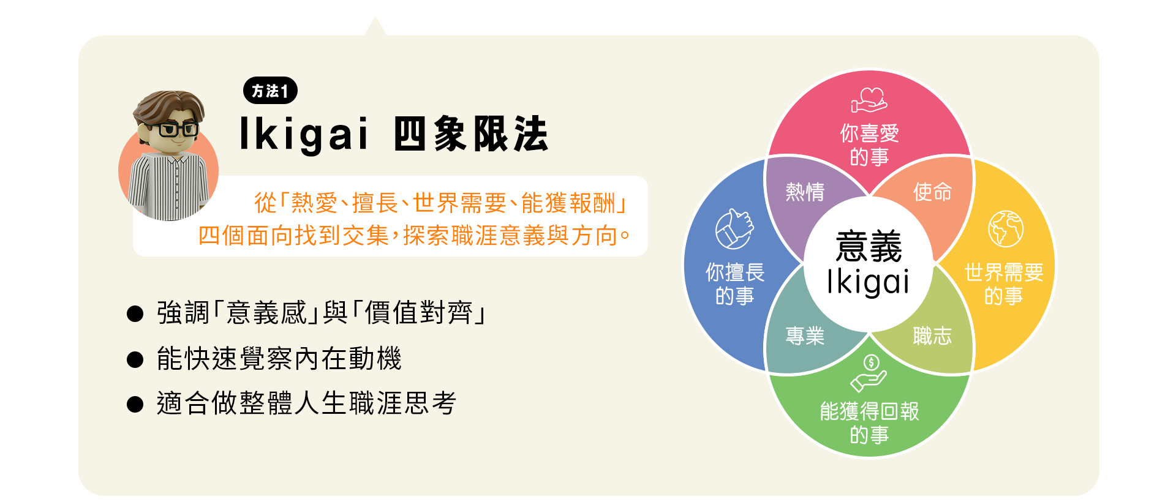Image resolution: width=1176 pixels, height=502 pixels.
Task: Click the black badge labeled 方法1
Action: click(270, 91)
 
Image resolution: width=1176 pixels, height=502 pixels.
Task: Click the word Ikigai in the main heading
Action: click(304, 133)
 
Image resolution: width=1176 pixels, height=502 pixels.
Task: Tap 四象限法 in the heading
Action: click(470, 133)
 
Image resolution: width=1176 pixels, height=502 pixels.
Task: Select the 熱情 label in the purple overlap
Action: click(805, 192)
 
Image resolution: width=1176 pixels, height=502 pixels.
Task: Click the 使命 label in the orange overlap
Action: click(932, 192)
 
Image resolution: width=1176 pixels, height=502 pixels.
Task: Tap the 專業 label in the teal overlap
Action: click(805, 335)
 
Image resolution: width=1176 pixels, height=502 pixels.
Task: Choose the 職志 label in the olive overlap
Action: click(932, 335)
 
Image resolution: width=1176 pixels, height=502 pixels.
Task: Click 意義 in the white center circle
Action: click(869, 246)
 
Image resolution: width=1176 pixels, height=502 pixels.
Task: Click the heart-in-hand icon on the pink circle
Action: click(869, 100)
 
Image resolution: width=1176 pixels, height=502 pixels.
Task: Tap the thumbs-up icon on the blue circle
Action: click(734, 229)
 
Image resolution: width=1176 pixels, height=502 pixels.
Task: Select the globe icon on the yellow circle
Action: click(1005, 228)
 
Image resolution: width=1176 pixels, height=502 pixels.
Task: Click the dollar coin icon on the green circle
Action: click(871, 362)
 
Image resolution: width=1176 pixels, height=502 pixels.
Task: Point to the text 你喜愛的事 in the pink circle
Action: click(869, 145)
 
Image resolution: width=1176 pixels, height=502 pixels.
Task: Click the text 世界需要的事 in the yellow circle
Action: click(1004, 283)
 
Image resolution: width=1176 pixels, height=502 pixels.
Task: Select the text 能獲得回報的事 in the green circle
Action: click(869, 422)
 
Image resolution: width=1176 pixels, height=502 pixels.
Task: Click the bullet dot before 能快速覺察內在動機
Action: click(135, 359)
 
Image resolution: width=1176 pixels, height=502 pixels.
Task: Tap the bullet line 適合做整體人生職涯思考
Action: click(306, 403)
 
